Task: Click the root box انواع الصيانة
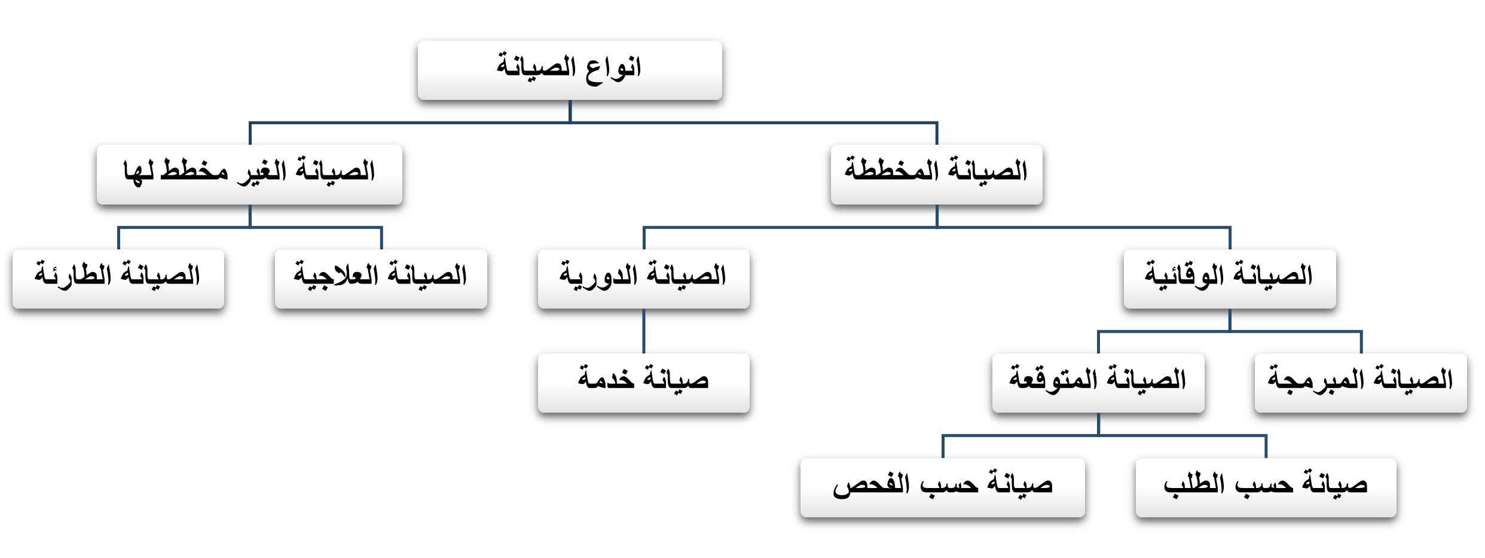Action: coord(570,70)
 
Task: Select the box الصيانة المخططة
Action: coord(936,175)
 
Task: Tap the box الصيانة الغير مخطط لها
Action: coord(249,175)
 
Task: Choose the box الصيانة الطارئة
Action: coord(118,279)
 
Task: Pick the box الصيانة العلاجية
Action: coord(381,279)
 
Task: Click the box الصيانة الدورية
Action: coord(644,279)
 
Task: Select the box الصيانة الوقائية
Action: coord(1230,279)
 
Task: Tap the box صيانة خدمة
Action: coord(644,383)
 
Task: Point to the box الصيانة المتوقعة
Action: coord(1098,383)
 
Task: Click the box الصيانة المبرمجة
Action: coord(1361,383)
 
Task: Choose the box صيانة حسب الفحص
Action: coord(943,487)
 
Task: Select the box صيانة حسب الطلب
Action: coord(1266,487)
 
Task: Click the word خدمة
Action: coord(606,378)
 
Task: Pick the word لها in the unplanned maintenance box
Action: coord(139,172)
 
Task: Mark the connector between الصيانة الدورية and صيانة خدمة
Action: coord(644,331)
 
